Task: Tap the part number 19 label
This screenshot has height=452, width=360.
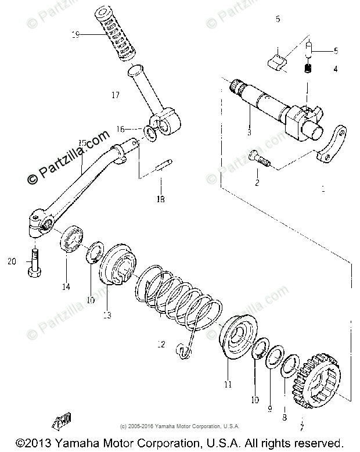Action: [75, 34]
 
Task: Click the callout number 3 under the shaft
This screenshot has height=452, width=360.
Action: [249, 133]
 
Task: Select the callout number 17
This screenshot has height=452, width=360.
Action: [115, 94]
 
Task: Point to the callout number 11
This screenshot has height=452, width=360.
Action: [228, 384]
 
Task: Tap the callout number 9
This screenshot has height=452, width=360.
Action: [269, 409]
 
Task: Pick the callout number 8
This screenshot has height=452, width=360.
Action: [285, 417]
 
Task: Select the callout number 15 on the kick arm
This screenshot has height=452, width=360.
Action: [81, 142]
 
